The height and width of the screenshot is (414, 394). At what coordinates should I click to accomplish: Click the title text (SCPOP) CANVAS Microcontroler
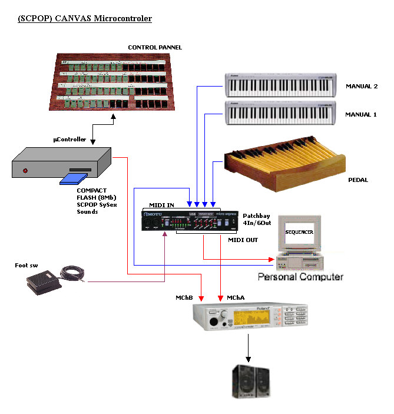click(85, 19)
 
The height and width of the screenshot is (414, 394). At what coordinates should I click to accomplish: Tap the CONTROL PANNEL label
click(155, 47)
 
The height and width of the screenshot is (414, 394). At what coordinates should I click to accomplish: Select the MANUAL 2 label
click(361, 87)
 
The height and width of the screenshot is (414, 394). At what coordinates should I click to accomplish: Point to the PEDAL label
click(358, 180)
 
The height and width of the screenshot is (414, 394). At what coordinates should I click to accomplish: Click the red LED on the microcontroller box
click(25, 171)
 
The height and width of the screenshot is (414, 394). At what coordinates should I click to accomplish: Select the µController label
click(70, 140)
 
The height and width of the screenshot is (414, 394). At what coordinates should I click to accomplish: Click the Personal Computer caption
click(300, 276)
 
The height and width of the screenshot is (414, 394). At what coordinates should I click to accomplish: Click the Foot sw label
click(27, 265)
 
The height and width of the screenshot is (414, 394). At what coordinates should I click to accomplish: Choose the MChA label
click(237, 299)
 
